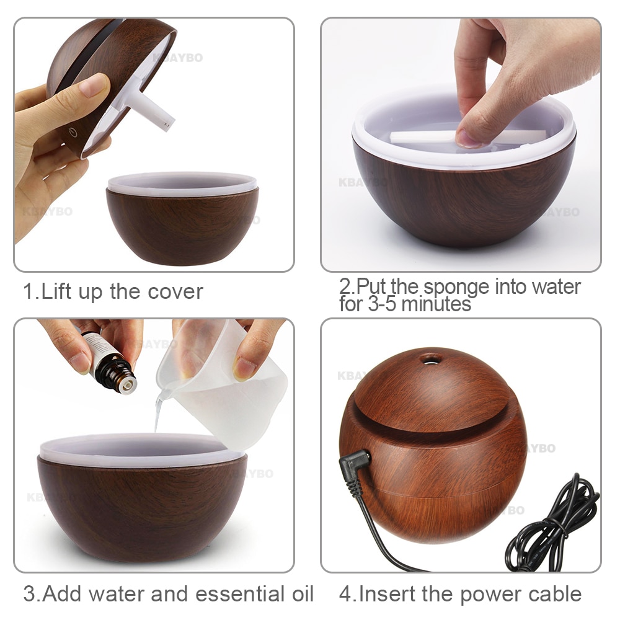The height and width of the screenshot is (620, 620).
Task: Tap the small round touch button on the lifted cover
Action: pyautogui.click(x=73, y=131)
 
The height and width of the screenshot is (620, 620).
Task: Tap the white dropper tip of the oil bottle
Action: pyautogui.click(x=128, y=385)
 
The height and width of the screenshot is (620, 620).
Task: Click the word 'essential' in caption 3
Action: pyautogui.click(x=239, y=593)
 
